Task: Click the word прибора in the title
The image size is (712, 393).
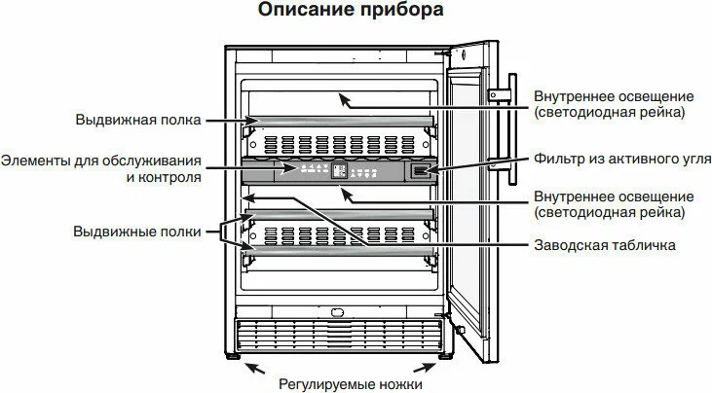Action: pos(400,13)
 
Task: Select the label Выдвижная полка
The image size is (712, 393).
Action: pos(137,121)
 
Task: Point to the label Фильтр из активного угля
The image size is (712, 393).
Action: pos(622,158)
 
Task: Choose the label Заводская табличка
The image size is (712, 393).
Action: pos(604,245)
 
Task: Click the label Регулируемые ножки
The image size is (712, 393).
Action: pos(351,383)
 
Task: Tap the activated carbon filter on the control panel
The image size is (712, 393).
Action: pos(418,171)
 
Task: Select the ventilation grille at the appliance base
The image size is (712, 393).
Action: pos(336,336)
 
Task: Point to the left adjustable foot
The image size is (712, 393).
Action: pos(236,357)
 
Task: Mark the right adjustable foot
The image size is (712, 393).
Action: pos(435,357)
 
